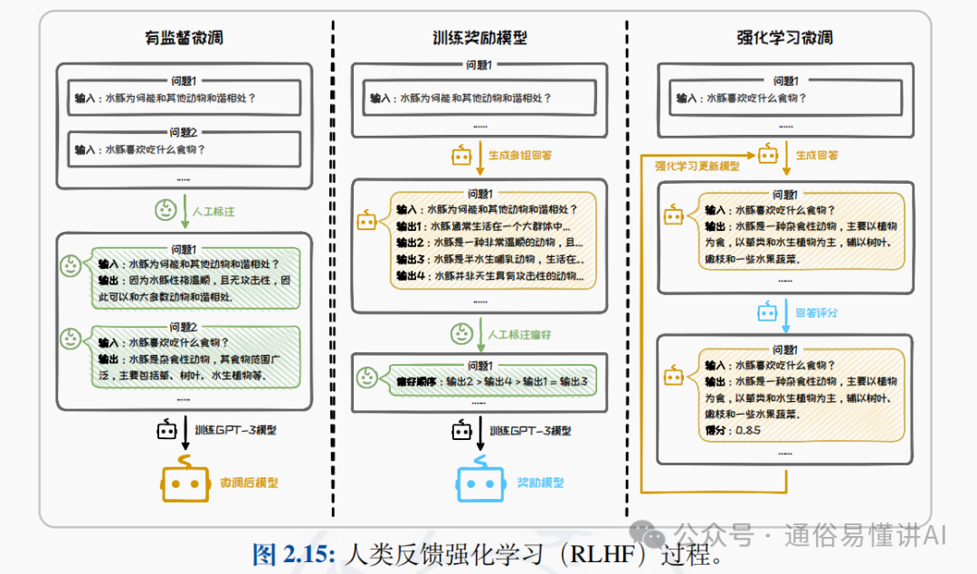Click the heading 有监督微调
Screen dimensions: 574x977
tap(184, 38)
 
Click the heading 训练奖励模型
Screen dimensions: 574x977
tap(479, 38)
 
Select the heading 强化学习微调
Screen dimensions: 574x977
tap(785, 38)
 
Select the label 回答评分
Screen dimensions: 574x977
tap(816, 312)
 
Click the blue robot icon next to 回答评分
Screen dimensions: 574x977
tap(767, 312)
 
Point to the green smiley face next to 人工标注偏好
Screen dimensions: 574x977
tap(462, 334)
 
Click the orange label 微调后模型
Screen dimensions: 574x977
tap(249, 483)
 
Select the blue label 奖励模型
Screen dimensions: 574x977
tap(540, 483)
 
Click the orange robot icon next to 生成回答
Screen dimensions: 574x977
tap(768, 155)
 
